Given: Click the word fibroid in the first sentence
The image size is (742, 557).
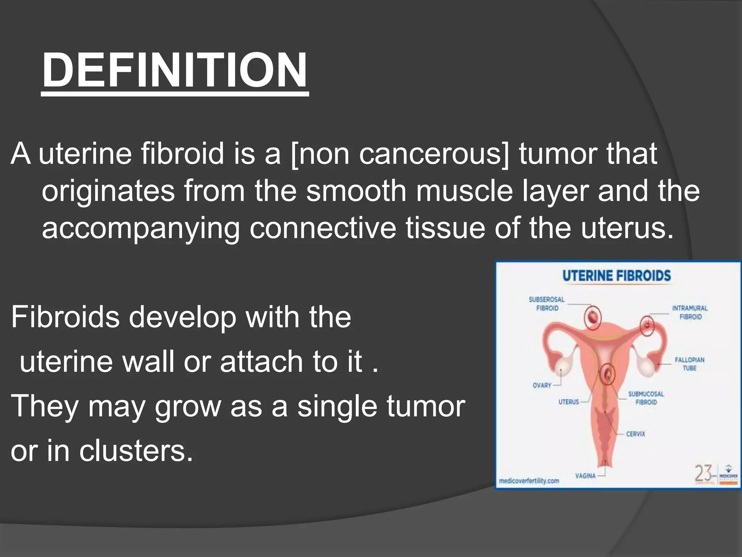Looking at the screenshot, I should [x=183, y=153].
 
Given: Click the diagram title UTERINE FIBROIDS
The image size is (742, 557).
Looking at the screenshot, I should [x=617, y=276].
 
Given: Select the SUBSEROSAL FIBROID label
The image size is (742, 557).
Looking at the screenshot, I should [x=547, y=304].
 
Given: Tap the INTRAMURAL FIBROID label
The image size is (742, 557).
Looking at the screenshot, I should [x=690, y=312].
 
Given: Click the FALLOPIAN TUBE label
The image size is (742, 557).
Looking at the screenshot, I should [x=689, y=364].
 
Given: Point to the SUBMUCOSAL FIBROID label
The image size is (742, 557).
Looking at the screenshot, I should [x=646, y=398].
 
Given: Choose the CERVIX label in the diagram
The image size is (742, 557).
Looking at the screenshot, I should [x=635, y=434].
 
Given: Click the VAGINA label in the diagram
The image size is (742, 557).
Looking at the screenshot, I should [x=585, y=476].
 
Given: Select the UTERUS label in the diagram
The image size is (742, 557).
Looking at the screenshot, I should [x=569, y=402].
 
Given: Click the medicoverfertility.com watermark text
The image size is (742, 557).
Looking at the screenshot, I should [x=529, y=481].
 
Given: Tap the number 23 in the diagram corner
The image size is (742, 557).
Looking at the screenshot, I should [x=703, y=474].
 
